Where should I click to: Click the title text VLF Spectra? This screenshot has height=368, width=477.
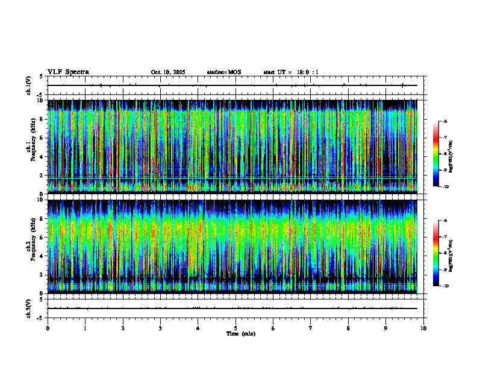tap(68, 72)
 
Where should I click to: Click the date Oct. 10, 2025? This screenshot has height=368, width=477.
tap(168, 72)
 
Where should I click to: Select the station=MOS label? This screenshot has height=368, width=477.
tap(223, 72)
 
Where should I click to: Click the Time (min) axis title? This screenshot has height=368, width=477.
tap(240, 333)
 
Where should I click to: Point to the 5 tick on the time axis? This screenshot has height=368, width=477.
tap(236, 328)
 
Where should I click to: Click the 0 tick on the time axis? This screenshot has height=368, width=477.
tap(48, 328)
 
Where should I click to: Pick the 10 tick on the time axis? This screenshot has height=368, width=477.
tap(423, 328)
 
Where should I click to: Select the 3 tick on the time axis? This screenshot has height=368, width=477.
tap(161, 328)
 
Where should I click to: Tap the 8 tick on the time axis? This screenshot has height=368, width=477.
tap(349, 328)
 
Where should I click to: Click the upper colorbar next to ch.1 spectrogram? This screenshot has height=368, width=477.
tap(436, 154)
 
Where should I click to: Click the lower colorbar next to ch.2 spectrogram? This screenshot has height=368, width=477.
tap(436, 253)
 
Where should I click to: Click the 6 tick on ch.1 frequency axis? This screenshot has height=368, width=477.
tap(42, 138)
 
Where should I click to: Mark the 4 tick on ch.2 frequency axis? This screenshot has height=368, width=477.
tap(42, 256)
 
